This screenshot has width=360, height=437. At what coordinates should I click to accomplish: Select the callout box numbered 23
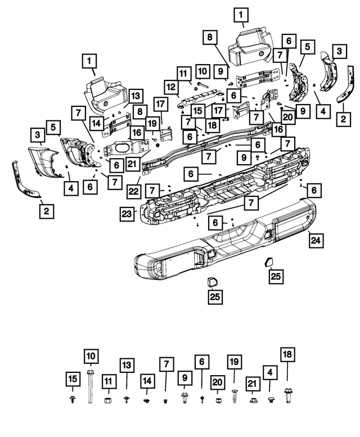(x=126, y=213)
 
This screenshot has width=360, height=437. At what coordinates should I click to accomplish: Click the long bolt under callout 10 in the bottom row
(x=90, y=388)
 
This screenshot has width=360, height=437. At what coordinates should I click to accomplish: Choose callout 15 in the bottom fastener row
(x=71, y=379)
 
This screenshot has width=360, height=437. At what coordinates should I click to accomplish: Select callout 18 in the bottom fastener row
(x=287, y=354)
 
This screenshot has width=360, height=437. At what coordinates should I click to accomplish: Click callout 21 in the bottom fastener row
(x=252, y=384)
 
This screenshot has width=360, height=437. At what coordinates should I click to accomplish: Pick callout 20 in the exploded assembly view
(x=287, y=118)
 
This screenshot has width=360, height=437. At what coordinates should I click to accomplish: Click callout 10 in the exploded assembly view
(x=202, y=71)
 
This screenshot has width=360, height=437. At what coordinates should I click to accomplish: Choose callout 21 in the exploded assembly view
(x=132, y=164)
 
